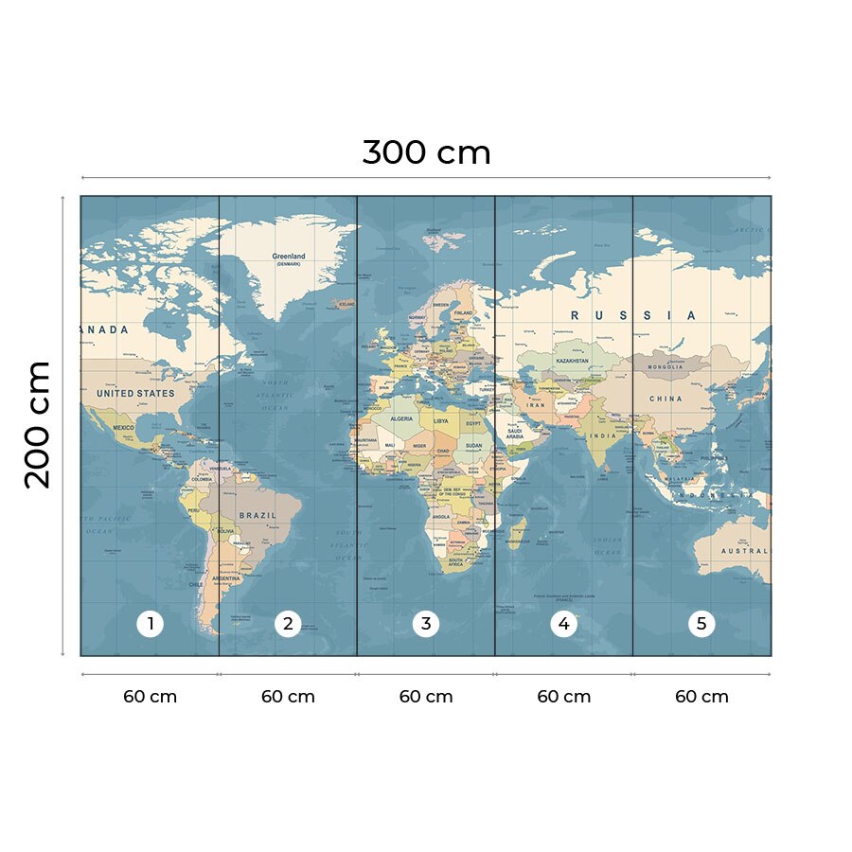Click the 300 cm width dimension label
pos(426,152)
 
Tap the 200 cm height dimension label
pos(38,424)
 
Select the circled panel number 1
pos(150,624)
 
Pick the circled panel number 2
pos(288,624)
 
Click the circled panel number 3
pos(426,624)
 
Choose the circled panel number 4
pos(564,624)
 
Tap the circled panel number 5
pos(701,624)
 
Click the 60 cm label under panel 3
pos(426,697)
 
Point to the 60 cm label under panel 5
pos(701,697)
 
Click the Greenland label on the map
pos(289,257)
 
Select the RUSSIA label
pos(632,315)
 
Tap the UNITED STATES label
pos(136,393)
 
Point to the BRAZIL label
pos(257,516)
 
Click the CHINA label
pos(666,399)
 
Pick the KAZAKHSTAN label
pos(573,361)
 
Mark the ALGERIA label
pos(402,418)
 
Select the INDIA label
pos(601,435)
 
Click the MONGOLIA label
pos(665,366)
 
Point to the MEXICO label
pos(124,428)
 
